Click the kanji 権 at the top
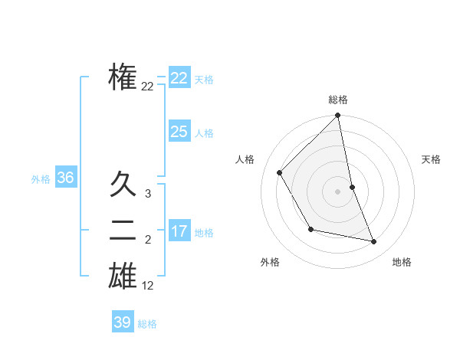pos(123,77)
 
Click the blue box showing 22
pos(179,78)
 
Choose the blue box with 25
pos(179,132)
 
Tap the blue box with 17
pos(179,231)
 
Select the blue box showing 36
pos(65,178)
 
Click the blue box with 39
pos(122,322)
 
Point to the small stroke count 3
pos(147,195)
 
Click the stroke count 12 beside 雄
pos(147,286)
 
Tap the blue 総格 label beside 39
pos(147,324)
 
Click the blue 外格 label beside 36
pos(41,179)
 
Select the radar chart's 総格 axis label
pos(337,100)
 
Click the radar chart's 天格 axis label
pos(432,159)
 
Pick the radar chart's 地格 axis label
pos(402,262)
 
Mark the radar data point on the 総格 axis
pos(337,116)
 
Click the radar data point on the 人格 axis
pos(279,172)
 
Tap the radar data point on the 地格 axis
pos(374,241)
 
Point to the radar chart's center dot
pos(337,191)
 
